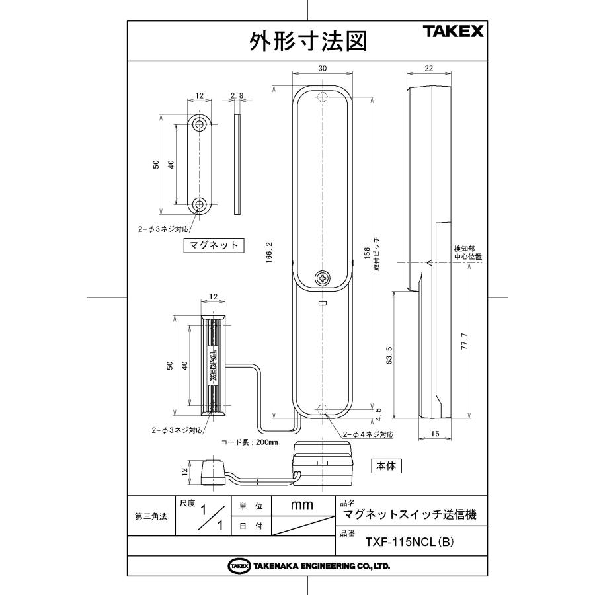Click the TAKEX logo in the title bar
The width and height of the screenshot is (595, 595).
point(454,31)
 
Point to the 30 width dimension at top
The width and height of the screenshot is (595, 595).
point(322,69)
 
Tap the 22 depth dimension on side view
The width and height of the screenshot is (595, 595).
point(428,69)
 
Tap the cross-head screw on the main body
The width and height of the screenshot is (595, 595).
point(322,278)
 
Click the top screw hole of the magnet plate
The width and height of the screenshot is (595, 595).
point(200,124)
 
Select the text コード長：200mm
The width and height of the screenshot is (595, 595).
point(249,442)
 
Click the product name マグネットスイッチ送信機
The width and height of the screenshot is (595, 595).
point(410,514)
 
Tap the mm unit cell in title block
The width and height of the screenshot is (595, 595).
point(301,505)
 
